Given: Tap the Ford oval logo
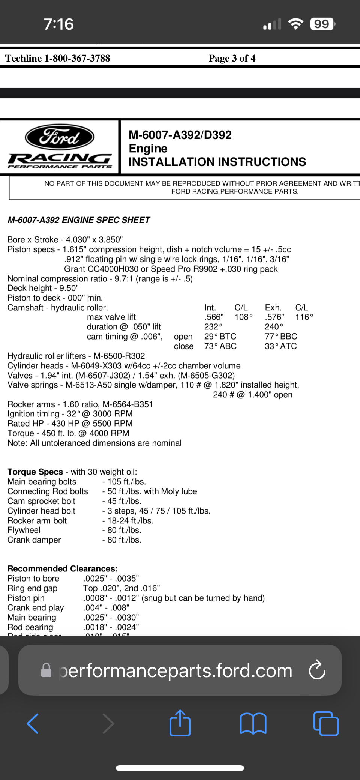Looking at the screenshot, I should tap(60, 137).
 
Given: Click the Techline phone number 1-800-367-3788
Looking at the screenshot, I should tap(77, 58).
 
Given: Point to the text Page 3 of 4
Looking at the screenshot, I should tap(232, 58).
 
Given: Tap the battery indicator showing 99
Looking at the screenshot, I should tap(322, 24).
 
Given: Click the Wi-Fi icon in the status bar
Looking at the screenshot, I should tap(296, 24).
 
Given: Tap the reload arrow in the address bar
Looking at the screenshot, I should tap(317, 670).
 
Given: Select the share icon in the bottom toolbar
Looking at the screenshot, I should tap(180, 723).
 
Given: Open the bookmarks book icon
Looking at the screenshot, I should tap(253, 723).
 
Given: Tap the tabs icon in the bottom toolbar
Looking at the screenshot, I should tap(325, 723).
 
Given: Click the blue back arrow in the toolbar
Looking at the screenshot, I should tap(33, 723).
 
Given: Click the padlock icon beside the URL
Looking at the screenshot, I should tap(46, 670).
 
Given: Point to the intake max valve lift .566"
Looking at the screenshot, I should tap(214, 317).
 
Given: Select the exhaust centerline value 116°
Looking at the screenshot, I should tap(304, 317).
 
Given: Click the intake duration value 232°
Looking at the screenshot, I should tap(213, 327).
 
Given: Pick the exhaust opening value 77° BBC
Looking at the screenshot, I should tap(281, 337).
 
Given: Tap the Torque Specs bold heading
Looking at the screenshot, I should tap(35, 472).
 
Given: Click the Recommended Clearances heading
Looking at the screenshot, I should tap(63, 569).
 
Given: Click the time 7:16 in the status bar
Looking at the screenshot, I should tap(59, 24).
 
